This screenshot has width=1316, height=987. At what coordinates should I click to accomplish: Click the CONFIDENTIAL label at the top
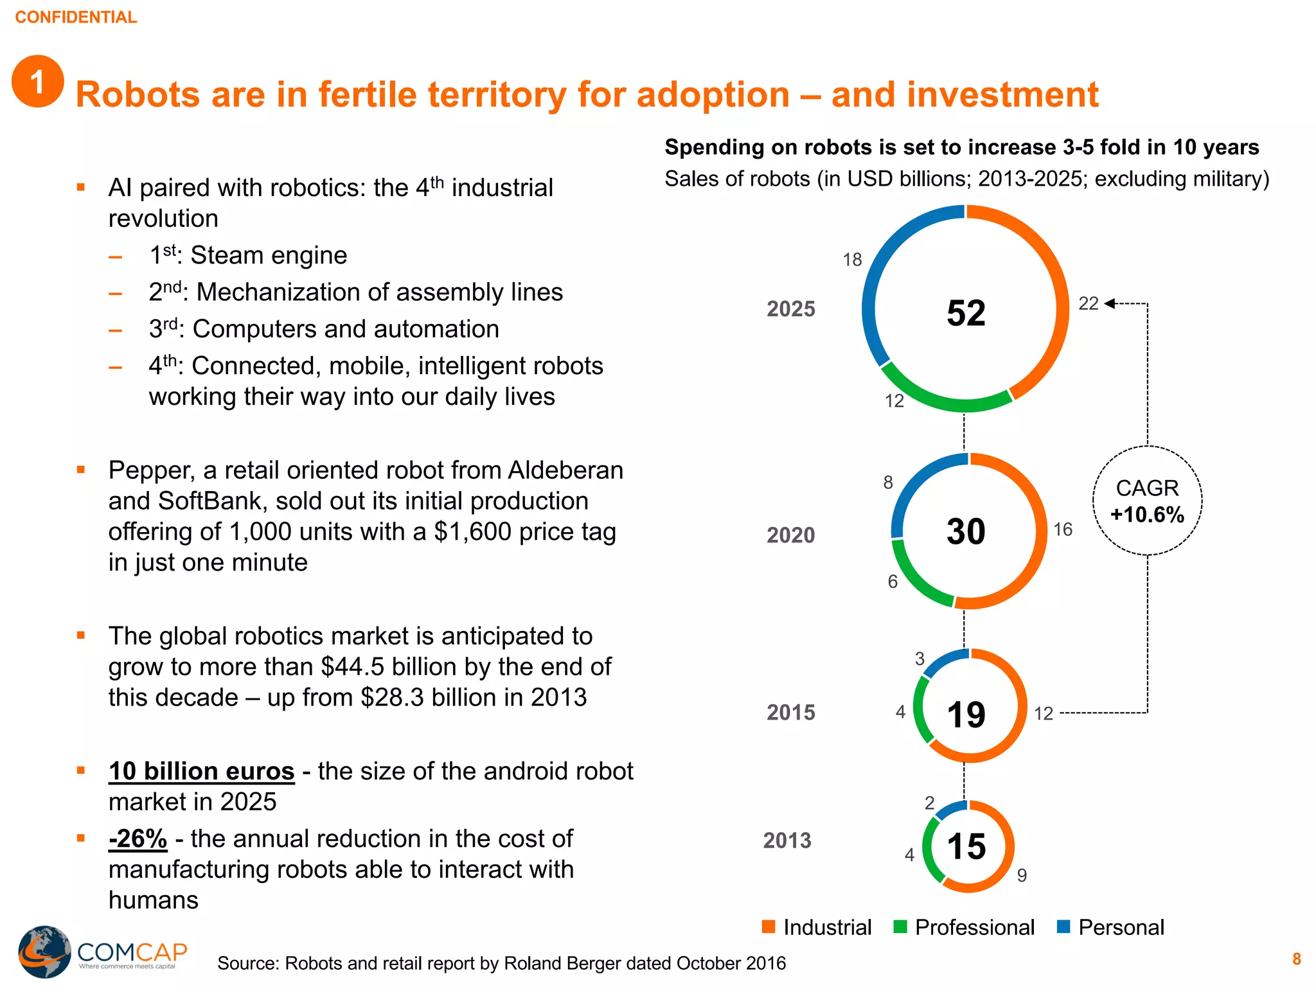(76, 17)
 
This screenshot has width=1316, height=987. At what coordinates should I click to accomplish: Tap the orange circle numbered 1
(38, 82)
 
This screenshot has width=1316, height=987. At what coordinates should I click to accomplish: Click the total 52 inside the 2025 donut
(966, 314)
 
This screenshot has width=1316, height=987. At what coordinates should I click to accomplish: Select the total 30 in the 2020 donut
(966, 532)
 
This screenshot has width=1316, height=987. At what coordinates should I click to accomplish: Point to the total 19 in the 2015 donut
(966, 715)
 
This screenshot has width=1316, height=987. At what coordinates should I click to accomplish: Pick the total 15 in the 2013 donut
(966, 846)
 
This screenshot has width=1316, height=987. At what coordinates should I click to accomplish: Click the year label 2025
(790, 309)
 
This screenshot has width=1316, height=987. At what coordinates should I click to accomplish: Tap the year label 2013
(787, 840)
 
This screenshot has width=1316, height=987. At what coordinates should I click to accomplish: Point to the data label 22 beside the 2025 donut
(1089, 303)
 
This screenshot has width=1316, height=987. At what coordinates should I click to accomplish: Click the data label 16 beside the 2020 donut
(1063, 529)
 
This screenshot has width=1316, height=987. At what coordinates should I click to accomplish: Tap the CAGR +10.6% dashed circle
(1147, 501)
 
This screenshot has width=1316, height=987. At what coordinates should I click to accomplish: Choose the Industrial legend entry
(817, 927)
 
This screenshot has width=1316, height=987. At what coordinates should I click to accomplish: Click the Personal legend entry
(1112, 927)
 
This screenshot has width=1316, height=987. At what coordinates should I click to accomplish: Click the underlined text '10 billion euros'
(201, 771)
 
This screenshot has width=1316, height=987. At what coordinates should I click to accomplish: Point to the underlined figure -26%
(138, 839)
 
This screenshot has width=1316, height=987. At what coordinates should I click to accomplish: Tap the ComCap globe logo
(44, 951)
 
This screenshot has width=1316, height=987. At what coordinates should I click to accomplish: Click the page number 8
(1297, 959)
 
